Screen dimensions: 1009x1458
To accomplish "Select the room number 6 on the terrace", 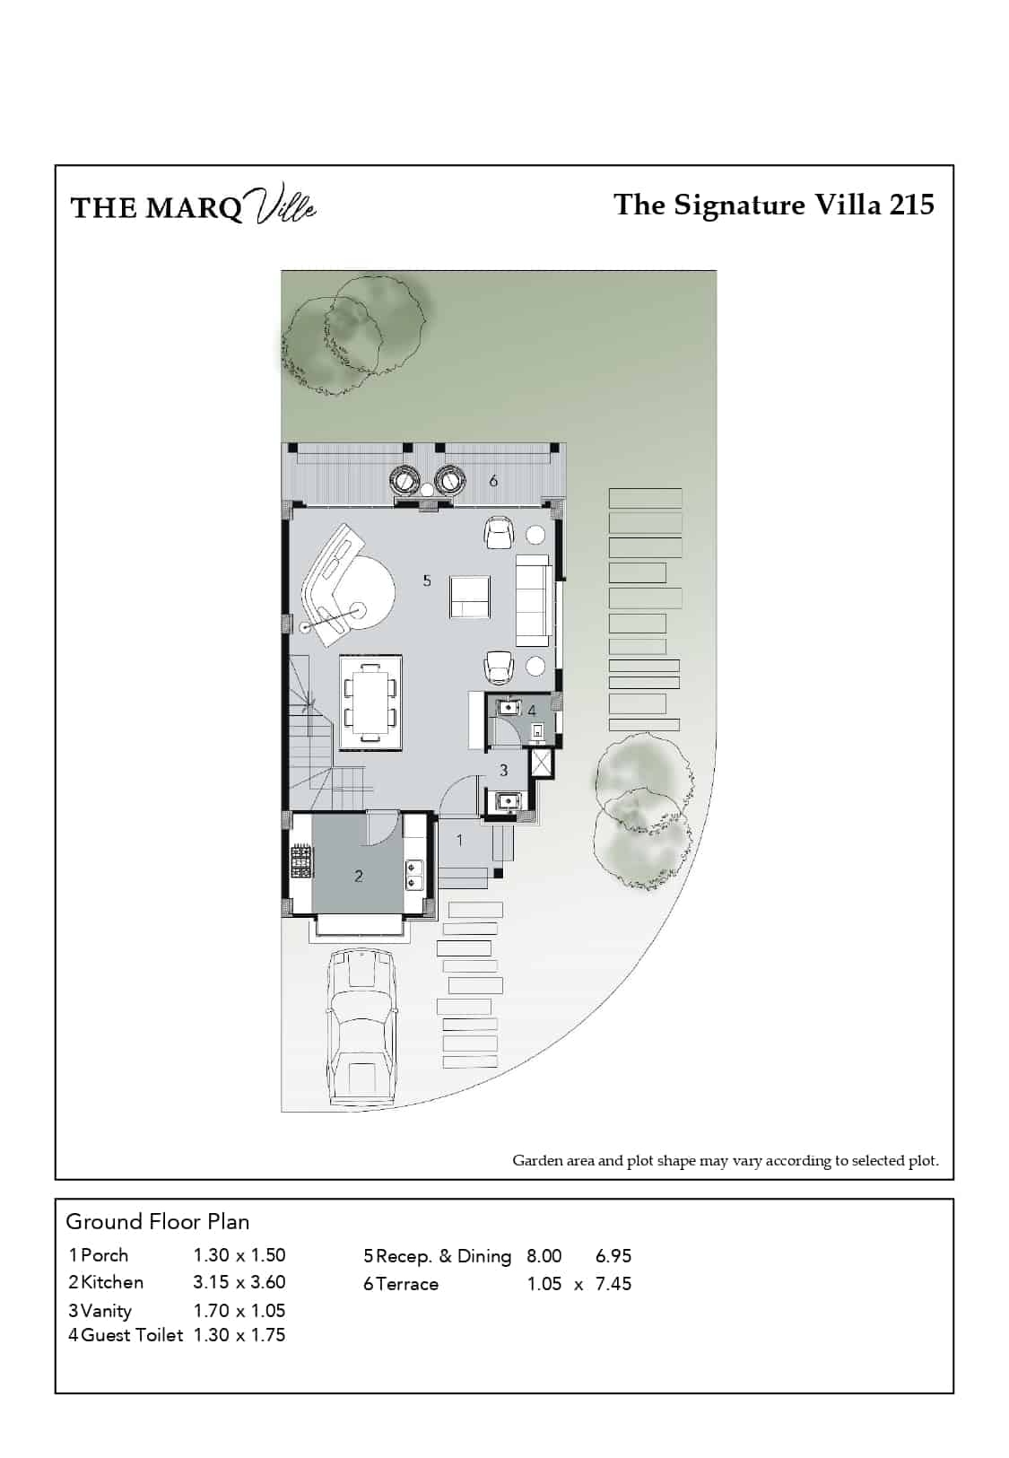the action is (x=493, y=481).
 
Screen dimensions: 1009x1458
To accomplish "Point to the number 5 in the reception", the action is (x=427, y=580).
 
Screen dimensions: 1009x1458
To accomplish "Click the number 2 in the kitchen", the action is (x=359, y=876).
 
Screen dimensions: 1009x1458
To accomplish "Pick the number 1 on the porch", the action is (x=459, y=841).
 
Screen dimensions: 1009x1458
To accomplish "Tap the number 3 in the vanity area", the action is (x=503, y=771).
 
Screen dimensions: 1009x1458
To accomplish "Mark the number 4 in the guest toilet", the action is (x=532, y=710).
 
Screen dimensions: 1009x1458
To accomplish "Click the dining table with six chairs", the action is (x=370, y=703).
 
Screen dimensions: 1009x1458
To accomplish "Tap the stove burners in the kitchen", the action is (x=300, y=860).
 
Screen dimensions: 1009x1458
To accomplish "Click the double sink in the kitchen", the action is (x=414, y=875).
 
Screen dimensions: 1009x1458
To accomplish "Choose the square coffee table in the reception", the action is (x=469, y=597).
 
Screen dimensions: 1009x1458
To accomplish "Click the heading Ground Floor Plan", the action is (x=158, y=1222).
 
